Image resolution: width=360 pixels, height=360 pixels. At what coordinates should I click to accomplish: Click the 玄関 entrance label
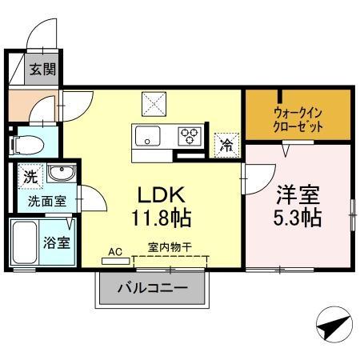43,70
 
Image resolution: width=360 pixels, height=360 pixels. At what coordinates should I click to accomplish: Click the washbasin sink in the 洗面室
58,174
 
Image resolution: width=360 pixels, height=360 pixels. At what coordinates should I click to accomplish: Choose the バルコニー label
153,288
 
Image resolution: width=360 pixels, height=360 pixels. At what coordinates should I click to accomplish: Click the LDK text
163,194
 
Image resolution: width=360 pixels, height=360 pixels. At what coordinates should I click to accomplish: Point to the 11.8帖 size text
163,218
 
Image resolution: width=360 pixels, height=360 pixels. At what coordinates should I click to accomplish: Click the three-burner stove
190,134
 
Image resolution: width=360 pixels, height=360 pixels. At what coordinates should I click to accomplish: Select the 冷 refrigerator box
227,144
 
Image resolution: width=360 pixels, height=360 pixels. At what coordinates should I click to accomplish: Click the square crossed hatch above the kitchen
153,102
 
